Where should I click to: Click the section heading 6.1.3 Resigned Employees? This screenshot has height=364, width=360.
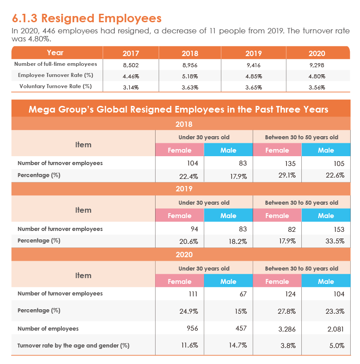pos(87,18)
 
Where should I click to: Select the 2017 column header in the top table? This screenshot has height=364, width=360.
pos(131,53)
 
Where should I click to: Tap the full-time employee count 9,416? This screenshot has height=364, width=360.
pos(253,65)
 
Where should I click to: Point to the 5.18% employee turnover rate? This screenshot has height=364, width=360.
pos(190,77)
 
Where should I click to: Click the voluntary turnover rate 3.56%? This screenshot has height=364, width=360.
pos(316,88)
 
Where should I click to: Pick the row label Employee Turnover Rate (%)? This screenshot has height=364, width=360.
pos(56,75)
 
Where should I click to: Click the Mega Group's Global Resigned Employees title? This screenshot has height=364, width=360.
pos(178,109)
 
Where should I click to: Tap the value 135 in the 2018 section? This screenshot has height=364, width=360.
pos(290,164)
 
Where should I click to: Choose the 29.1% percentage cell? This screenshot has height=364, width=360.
pos(287,175)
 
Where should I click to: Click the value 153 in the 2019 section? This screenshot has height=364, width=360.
pos(339,229)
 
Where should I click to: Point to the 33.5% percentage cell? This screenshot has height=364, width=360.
pos(335,241)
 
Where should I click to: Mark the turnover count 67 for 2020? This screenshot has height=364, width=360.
pos(243,294)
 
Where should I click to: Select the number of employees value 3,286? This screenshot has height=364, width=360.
pos(287,329)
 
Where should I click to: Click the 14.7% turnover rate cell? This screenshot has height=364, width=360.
pos(238,345)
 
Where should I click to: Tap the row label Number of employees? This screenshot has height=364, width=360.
pos(48,329)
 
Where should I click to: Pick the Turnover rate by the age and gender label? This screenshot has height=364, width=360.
pos(73,346)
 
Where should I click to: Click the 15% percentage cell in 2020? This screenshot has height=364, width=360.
pos(240,311)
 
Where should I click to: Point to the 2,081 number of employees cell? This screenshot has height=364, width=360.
pos(336,329)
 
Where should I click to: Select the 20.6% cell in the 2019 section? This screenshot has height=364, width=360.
pos(189,242)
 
